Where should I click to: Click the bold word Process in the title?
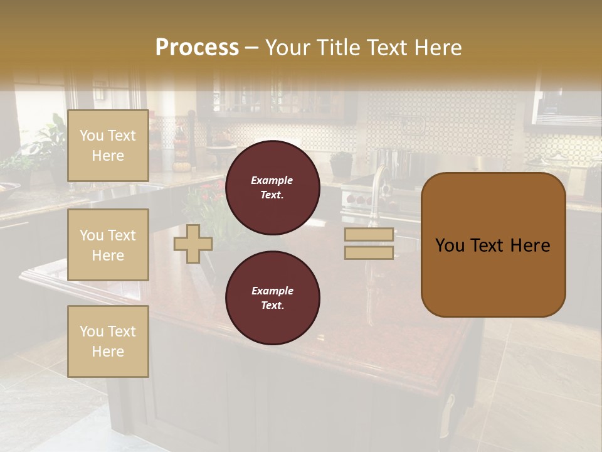coord(197,47)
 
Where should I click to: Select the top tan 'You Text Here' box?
coord(108,146)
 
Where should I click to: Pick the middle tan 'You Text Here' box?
coord(108,245)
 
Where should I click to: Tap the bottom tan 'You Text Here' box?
coord(108,341)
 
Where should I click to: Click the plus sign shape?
coord(193,244)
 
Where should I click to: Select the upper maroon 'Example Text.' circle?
coord(272,188)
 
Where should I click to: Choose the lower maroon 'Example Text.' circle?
coord(272,298)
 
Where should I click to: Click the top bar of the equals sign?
coord(369,234)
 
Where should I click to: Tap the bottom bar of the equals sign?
coord(369,252)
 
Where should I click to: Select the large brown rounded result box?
coord(493,245)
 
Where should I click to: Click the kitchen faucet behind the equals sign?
coord(379,182)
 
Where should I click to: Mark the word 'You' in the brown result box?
coord(449,245)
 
